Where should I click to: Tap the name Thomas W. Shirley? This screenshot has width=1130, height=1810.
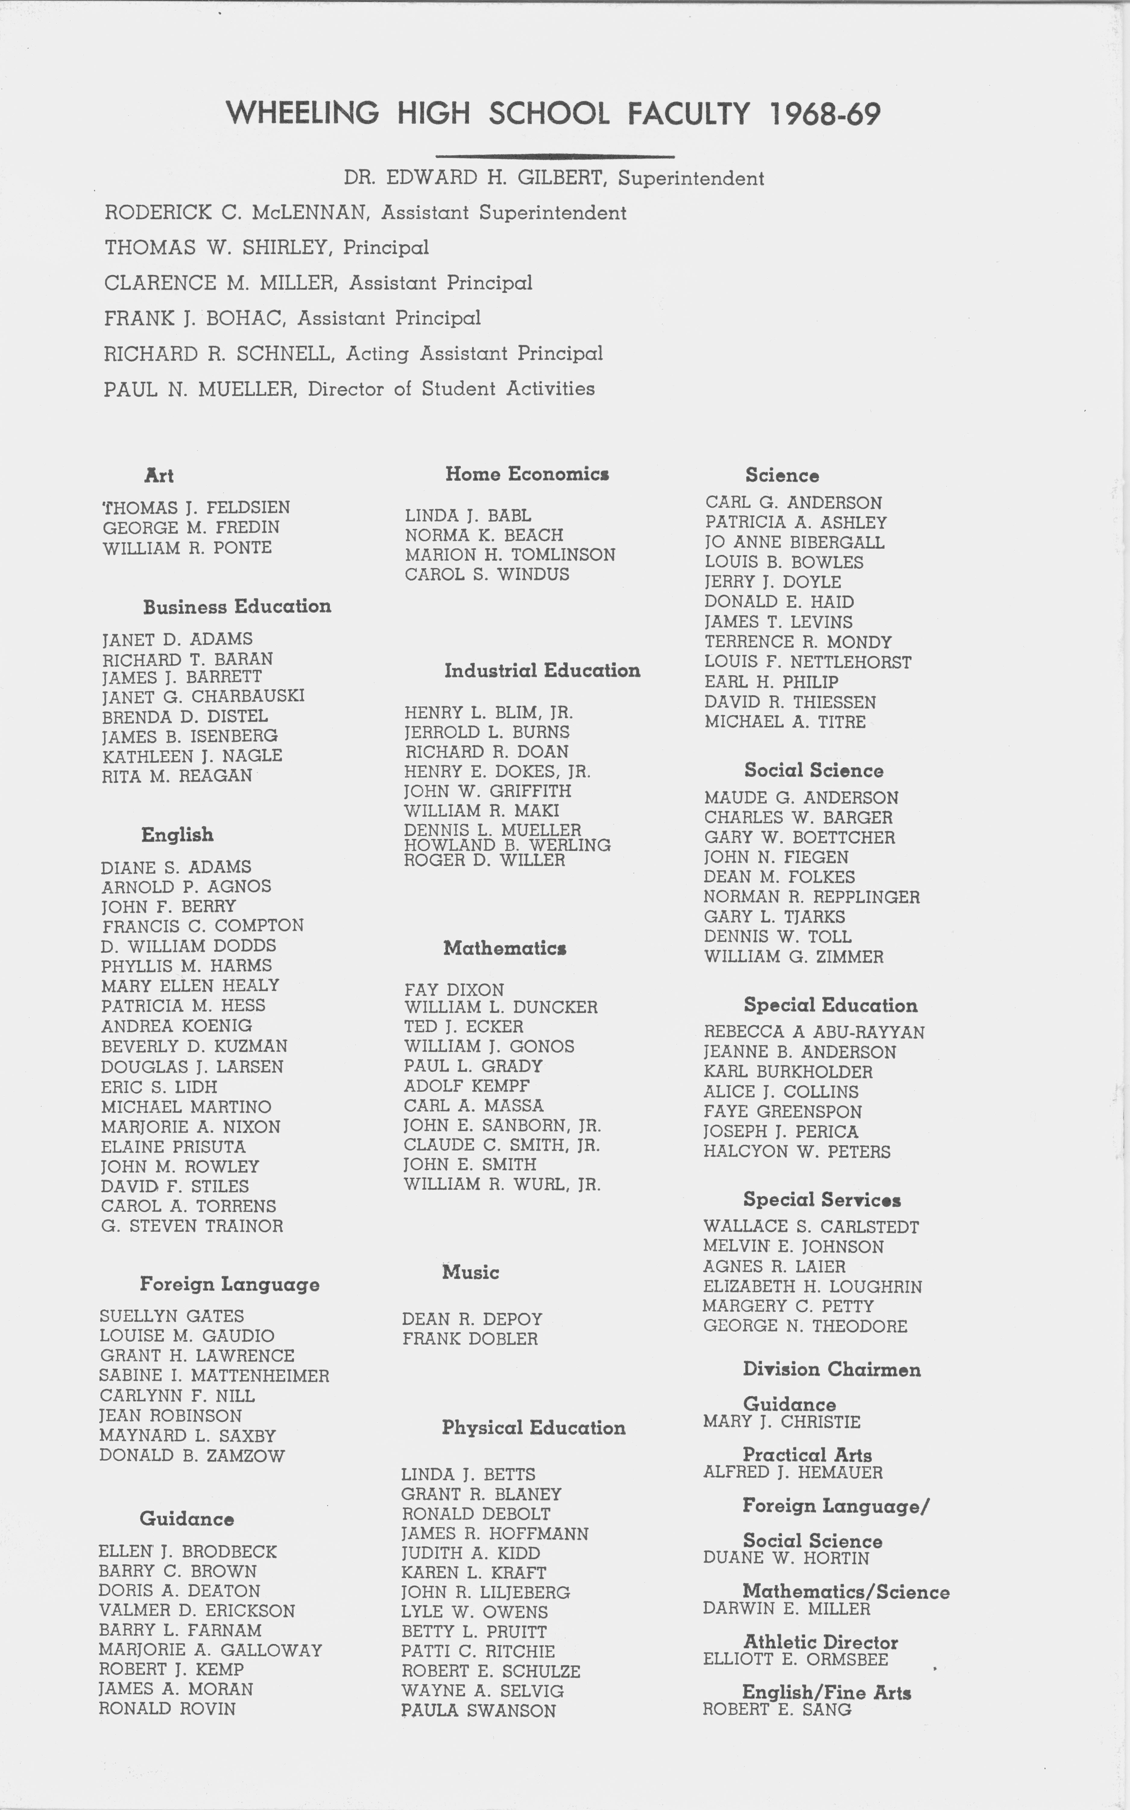(219, 247)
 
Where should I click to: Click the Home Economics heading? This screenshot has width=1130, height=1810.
(527, 474)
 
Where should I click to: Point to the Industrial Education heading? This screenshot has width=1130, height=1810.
(542, 670)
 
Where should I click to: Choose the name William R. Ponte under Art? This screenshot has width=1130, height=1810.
(187, 548)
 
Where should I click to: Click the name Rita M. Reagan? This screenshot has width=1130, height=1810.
(177, 776)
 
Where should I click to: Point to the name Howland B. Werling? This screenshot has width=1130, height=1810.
(507, 845)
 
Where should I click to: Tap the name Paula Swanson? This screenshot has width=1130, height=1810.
(478, 1710)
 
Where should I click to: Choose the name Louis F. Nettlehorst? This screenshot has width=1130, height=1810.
(807, 662)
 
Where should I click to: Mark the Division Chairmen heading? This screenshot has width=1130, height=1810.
(831, 1369)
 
